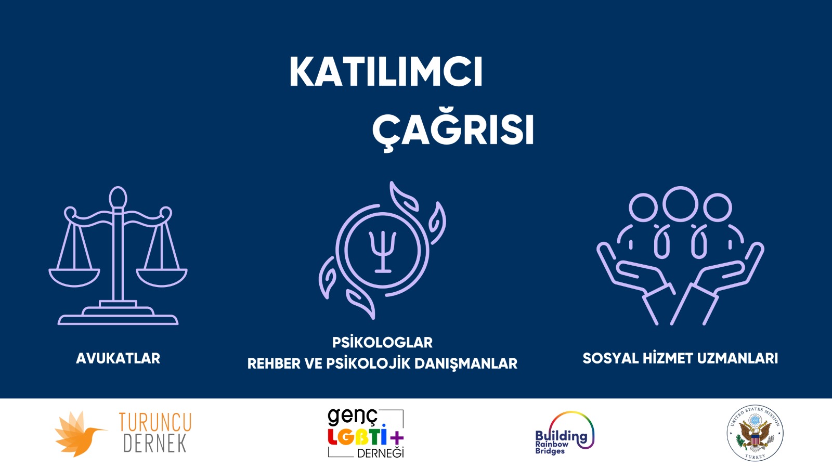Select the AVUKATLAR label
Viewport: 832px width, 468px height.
tap(118, 358)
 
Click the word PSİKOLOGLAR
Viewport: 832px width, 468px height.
tap(382, 343)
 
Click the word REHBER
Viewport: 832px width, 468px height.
tap(274, 363)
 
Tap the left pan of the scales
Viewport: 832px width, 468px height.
tap(74, 277)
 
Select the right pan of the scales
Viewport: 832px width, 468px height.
tap(162, 277)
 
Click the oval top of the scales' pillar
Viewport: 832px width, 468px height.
tap(118, 198)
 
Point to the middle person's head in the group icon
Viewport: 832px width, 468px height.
tap(680, 203)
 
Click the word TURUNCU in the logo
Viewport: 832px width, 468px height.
tap(155, 422)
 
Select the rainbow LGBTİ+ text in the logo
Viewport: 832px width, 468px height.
tap(365, 437)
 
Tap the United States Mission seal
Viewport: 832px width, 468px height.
tap(755, 433)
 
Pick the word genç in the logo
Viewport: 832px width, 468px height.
tap(352, 417)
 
